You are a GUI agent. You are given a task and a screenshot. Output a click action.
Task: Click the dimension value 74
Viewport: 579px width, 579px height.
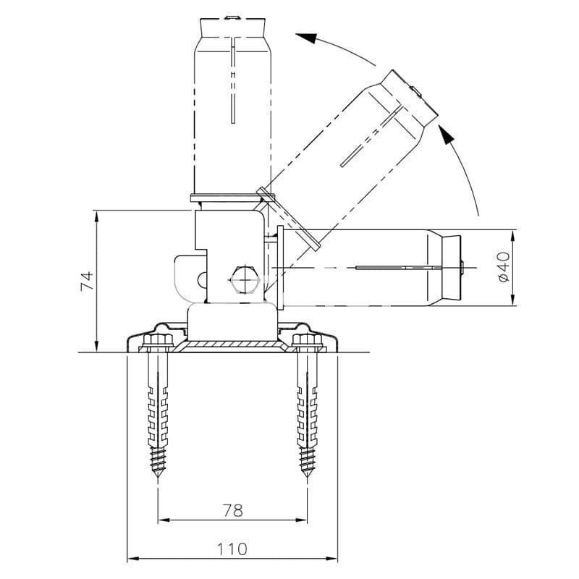88,281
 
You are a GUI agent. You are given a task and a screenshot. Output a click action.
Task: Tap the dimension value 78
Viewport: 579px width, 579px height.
233,511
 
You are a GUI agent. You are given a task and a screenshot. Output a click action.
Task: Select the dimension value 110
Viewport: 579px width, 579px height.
232,549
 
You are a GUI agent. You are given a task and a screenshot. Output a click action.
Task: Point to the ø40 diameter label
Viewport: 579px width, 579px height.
504,267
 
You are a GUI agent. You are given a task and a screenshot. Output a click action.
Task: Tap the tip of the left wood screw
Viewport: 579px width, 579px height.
158,476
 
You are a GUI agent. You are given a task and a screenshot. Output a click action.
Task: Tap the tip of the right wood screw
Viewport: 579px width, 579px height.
307,476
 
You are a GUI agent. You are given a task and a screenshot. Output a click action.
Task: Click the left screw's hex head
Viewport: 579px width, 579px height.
158,340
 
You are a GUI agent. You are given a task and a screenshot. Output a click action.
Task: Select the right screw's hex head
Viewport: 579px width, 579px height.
306,340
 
